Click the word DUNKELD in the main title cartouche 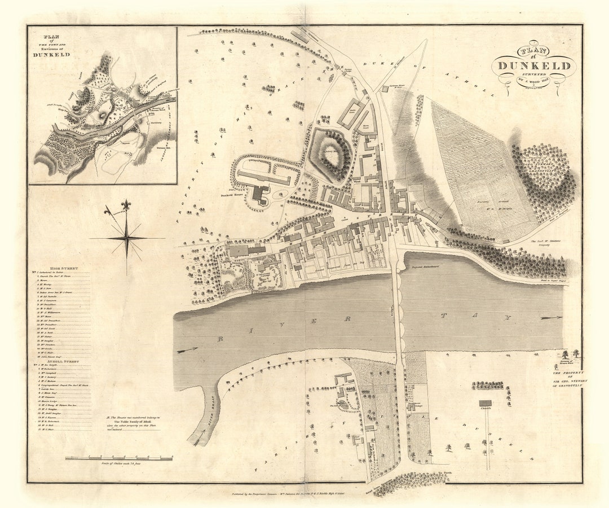[x=533, y=66]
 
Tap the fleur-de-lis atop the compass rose [x=126, y=205]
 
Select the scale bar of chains [x=119, y=458]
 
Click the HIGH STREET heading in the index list [x=63, y=268]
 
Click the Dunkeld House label [x=232, y=196]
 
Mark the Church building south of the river [x=485, y=404]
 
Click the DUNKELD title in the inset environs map [x=51, y=55]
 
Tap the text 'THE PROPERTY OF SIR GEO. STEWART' [x=570, y=380]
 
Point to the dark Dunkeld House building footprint [x=260, y=195]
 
